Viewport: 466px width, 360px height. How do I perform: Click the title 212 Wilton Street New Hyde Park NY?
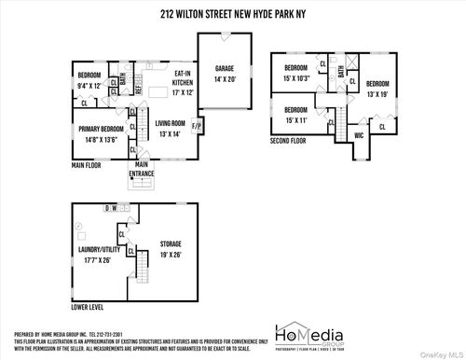pyautogui.click(x=232, y=15)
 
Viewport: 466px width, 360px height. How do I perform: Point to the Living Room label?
pyautogui.click(x=171, y=127)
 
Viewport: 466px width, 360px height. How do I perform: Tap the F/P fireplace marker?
pyautogui.click(x=197, y=124)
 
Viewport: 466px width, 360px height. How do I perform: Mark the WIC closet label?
pyautogui.click(x=358, y=135)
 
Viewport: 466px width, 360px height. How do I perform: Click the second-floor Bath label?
pyautogui.click(x=342, y=71)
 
